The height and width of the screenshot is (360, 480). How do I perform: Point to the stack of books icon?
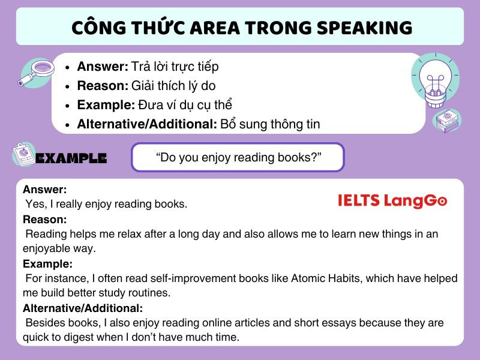(x=447, y=121)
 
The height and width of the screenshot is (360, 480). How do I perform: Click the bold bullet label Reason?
(x=103, y=85)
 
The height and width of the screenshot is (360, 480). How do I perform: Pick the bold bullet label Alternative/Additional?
(x=147, y=124)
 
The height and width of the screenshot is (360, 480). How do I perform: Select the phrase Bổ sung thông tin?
(x=270, y=124)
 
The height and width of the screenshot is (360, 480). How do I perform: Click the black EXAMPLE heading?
(x=71, y=158)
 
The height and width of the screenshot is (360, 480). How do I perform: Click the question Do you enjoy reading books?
(x=238, y=157)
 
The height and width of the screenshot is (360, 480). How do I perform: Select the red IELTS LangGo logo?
(x=392, y=201)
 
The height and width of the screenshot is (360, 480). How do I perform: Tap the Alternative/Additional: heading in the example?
(x=83, y=308)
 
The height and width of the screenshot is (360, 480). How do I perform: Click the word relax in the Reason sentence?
(x=132, y=234)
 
